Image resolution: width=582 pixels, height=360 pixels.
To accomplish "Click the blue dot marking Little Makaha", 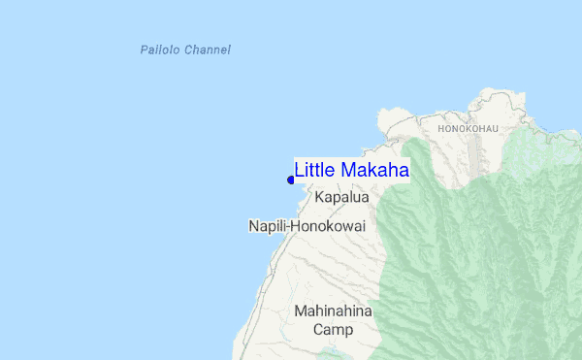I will (291, 180).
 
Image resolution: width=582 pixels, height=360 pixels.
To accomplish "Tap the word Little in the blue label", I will (313, 170).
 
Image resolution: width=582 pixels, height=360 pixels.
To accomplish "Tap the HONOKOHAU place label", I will (468, 128).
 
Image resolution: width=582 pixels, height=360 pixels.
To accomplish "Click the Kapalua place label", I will (341, 197).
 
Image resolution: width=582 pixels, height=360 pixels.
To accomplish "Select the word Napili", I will (267, 226).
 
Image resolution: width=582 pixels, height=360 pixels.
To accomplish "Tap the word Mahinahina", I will (333, 311).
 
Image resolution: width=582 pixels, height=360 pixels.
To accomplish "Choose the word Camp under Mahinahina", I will (333, 330).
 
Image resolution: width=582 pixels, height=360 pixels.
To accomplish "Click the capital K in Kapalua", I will (319, 197).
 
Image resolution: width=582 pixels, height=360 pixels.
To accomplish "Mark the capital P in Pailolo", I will (144, 49).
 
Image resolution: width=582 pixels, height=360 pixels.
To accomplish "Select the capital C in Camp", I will (318, 330).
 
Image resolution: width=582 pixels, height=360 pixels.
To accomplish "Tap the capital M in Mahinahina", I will (301, 311).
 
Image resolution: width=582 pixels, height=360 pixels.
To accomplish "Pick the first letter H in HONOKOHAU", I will (441, 128).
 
